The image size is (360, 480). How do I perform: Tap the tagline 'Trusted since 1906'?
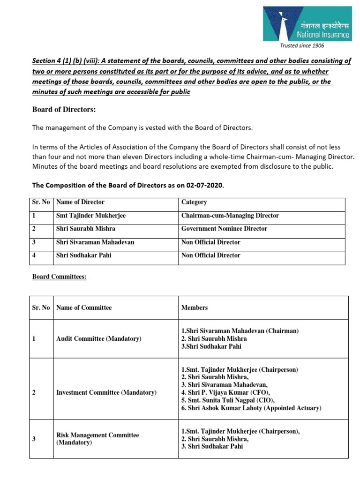302,45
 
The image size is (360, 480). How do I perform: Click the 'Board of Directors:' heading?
64,109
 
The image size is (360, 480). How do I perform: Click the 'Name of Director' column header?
80,202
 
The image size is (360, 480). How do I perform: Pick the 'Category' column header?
194,202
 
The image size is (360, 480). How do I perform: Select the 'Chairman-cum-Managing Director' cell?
230,216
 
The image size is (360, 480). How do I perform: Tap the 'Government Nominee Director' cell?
224,229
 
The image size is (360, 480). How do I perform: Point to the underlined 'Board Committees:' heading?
59,277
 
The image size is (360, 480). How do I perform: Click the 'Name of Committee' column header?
84,307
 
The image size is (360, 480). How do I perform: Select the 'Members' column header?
194,307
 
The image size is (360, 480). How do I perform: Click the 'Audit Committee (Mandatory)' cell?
98,338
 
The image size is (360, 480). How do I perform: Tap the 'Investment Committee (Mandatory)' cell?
106,392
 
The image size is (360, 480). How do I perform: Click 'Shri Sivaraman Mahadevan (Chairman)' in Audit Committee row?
240,330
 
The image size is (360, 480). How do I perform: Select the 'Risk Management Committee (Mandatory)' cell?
97,439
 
